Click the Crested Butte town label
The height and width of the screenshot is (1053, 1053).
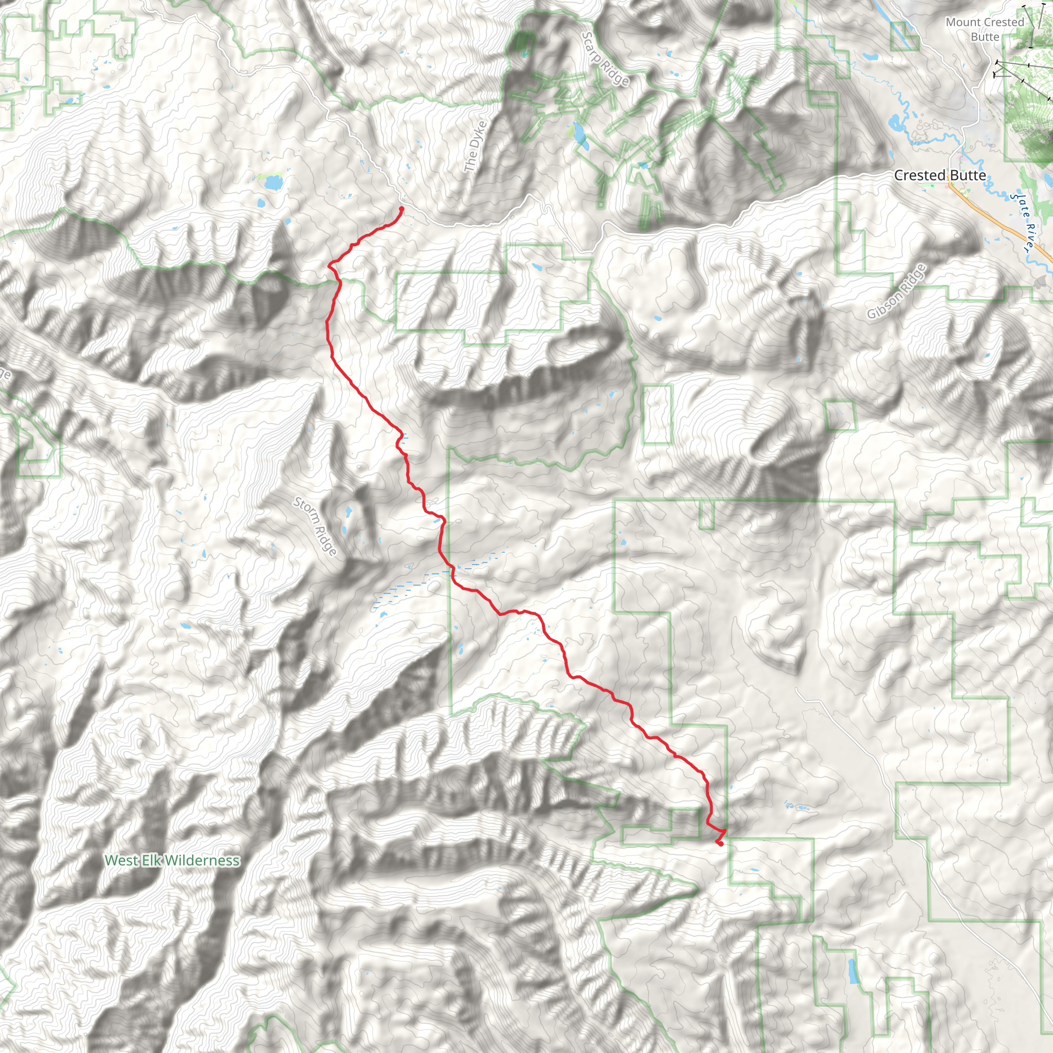click(x=940, y=175)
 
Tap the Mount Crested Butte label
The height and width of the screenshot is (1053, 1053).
click(x=985, y=29)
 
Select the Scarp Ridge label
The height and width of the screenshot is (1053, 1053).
click(x=605, y=59)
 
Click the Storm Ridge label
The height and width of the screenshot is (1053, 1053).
click(x=315, y=525)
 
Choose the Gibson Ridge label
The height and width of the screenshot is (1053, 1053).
click(x=896, y=291)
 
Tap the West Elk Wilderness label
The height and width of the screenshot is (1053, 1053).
click(x=172, y=860)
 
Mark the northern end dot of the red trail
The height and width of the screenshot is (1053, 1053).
click(x=402, y=209)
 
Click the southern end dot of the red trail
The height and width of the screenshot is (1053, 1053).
click(x=720, y=844)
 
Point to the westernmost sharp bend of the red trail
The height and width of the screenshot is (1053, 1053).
click(x=329, y=265)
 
